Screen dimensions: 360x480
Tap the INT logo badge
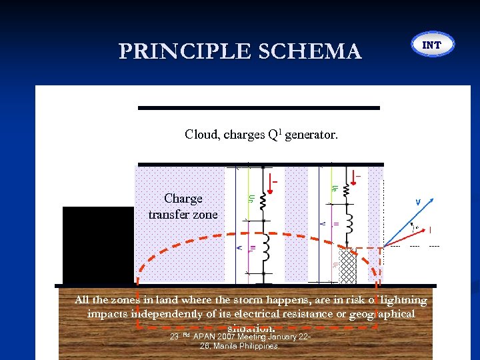click(x=433, y=45)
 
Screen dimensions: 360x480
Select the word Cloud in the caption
click(x=202, y=135)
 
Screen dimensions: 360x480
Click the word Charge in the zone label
click(x=183, y=199)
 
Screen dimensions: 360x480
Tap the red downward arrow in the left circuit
click(x=271, y=181)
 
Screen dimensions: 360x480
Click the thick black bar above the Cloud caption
click(x=259, y=107)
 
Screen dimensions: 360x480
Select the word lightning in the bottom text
click(x=403, y=301)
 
